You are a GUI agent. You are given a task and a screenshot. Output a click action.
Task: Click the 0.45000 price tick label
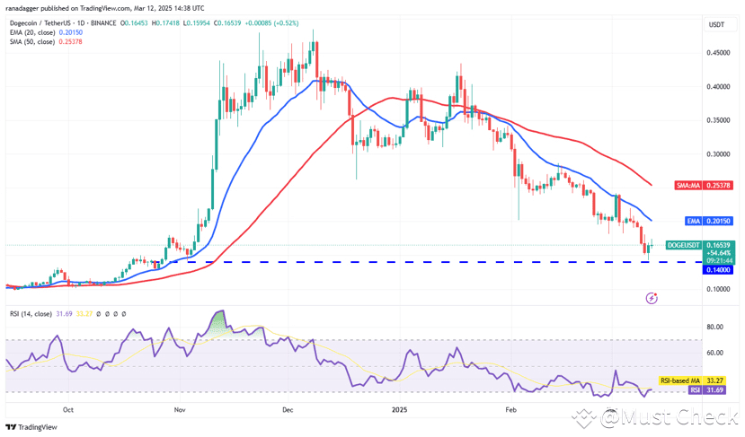pyautogui.click(x=717, y=53)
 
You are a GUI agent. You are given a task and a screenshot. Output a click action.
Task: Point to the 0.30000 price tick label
pyautogui.click(x=717, y=154)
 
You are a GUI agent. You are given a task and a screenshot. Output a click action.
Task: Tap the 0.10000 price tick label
pyautogui.click(x=717, y=289)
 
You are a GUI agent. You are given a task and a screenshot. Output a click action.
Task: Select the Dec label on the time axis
pyautogui.click(x=288, y=408)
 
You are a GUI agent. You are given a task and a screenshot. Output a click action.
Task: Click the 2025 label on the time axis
pyautogui.click(x=401, y=408)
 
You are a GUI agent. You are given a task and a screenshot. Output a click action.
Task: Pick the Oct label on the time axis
pyautogui.click(x=68, y=408)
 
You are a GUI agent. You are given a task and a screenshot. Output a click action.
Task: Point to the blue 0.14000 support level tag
pyautogui.click(x=717, y=268)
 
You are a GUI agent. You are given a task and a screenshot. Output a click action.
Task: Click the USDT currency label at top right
pyautogui.click(x=717, y=24)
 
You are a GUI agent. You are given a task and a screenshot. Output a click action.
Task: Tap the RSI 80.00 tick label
pyautogui.click(x=717, y=328)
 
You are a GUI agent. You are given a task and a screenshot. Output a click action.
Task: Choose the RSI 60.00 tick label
pyautogui.click(x=717, y=354)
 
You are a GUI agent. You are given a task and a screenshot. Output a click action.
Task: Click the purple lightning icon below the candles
pyautogui.click(x=652, y=297)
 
